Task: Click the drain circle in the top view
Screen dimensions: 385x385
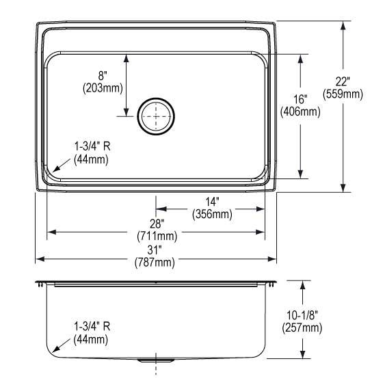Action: click(156, 116)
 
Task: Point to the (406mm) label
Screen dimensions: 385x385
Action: click(300, 111)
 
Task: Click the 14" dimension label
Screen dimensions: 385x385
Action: click(212, 202)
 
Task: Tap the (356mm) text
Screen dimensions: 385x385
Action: click(212, 214)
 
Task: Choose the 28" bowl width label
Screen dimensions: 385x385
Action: click(157, 224)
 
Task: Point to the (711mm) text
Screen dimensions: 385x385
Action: click(157, 237)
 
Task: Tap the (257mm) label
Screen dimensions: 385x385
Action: click(302, 328)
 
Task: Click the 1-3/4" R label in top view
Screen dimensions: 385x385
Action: click(91, 146)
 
